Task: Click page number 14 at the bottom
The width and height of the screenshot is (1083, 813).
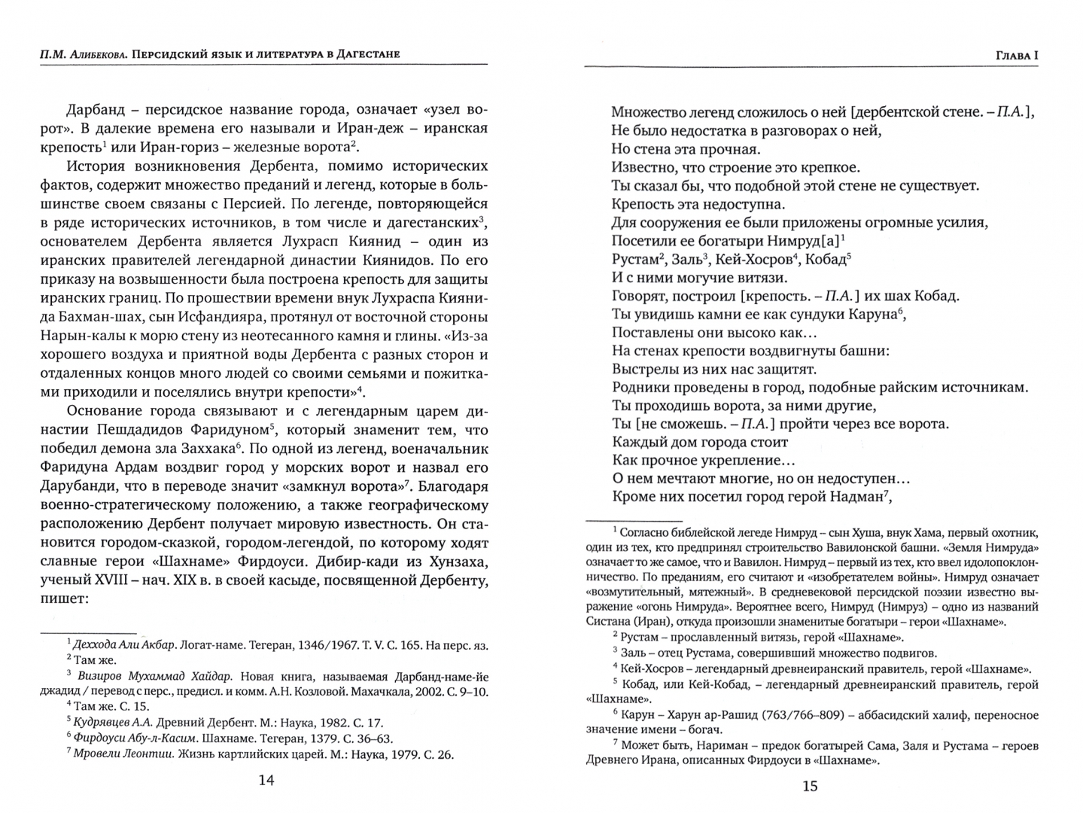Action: pyautogui.click(x=266, y=781)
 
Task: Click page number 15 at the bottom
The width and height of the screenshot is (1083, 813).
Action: pyautogui.click(x=810, y=787)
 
